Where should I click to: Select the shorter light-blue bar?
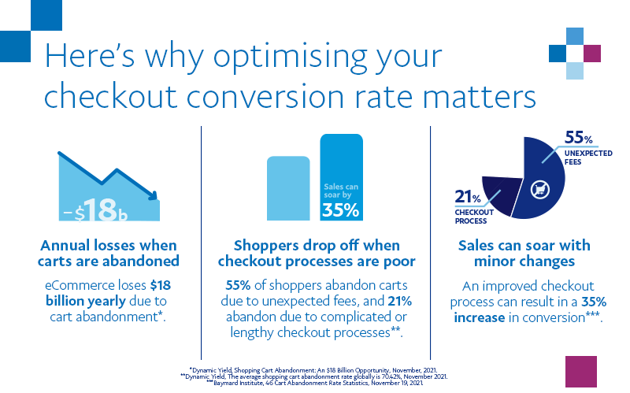(288, 188)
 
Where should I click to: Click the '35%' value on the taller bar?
(340, 210)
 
